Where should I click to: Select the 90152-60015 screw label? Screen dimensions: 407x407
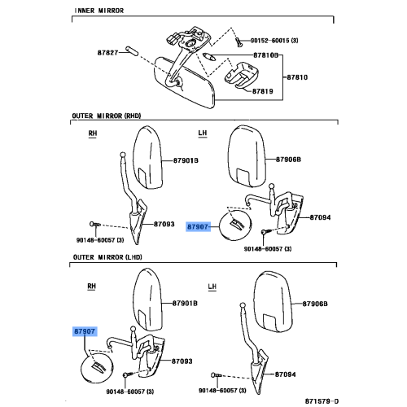(x=275, y=39)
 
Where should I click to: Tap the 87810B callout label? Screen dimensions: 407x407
(x=265, y=55)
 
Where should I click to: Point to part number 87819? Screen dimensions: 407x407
(x=263, y=92)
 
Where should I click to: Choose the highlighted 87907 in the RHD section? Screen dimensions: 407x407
(x=199, y=226)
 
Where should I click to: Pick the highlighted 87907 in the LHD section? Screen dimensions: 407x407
(x=84, y=332)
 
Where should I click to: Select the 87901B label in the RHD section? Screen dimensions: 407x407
(x=185, y=161)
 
